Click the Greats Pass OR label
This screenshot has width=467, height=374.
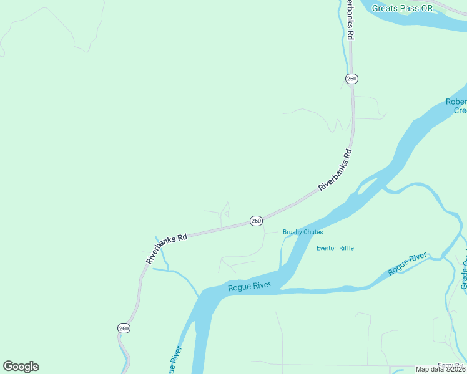(x=401, y=8)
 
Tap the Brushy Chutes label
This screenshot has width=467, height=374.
(x=303, y=232)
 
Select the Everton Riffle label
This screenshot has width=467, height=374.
(x=335, y=248)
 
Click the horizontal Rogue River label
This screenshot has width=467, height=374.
(x=249, y=287)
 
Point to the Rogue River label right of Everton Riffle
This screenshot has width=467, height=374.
(x=408, y=264)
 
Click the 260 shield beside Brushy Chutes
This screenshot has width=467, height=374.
(x=256, y=221)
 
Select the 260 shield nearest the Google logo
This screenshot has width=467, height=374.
(x=124, y=328)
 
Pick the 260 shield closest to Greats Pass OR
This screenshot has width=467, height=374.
(x=351, y=79)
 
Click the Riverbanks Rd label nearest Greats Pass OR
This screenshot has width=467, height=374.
(x=350, y=20)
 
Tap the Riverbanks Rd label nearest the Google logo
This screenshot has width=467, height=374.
(x=167, y=248)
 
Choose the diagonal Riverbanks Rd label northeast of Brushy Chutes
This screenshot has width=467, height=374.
(x=335, y=170)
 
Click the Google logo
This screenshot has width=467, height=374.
(x=21, y=367)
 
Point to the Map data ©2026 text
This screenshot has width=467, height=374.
(x=441, y=369)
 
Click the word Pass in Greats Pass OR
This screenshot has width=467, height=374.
(x=401, y=8)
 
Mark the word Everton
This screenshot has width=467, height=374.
(x=327, y=248)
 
